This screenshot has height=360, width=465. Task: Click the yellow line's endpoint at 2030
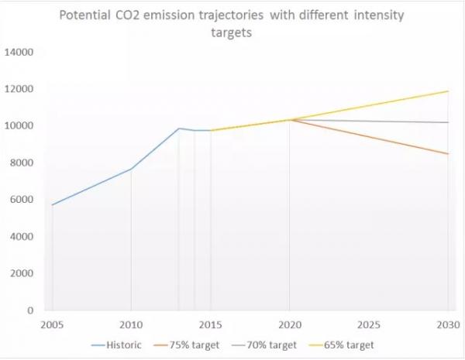click(448, 91)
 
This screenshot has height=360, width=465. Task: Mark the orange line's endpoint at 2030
click(448, 154)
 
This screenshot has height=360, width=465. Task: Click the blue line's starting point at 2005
click(52, 205)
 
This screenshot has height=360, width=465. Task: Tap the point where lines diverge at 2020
click(289, 119)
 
